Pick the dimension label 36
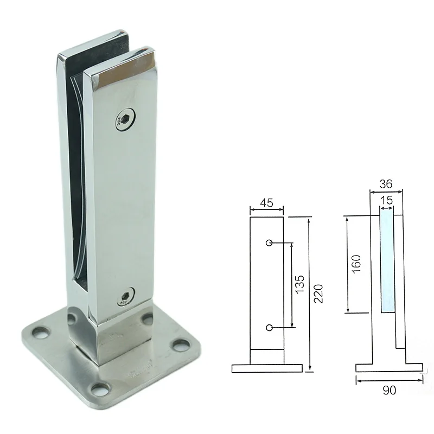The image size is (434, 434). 386,184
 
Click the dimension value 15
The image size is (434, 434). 386,200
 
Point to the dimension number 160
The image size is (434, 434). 356,264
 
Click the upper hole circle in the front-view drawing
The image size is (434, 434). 269,242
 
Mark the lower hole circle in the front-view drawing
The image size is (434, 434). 269,327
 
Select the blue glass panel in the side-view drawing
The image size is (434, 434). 387,263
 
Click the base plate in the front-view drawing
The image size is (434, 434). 266,368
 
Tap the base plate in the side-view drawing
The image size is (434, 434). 389,367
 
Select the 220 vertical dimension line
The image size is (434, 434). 309,293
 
